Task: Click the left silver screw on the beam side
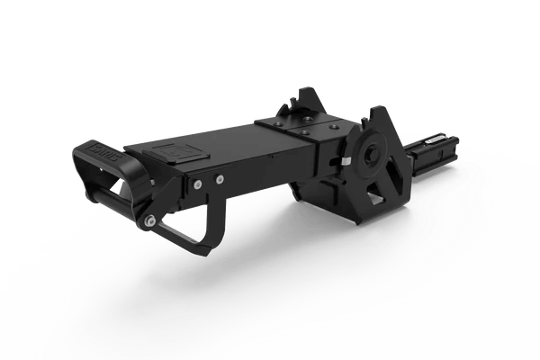pyautogui.click(x=196, y=183)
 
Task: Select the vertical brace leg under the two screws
pyautogui.click(x=214, y=216)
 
